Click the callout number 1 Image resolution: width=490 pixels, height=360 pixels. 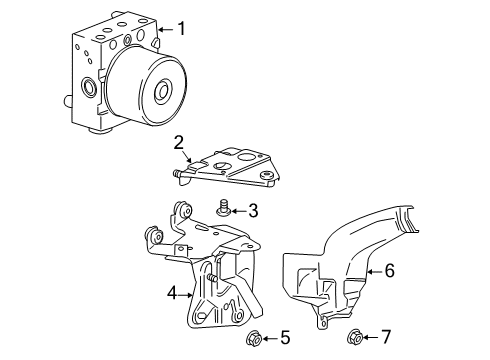[181, 29]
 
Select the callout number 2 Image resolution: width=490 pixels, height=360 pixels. [179, 143]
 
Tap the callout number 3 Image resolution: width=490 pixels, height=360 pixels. [253, 211]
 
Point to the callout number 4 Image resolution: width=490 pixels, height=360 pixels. [172, 294]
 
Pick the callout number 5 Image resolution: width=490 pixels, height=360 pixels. [285, 338]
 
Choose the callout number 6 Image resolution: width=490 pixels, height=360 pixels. [389, 270]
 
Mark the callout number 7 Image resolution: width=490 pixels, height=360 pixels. [385, 337]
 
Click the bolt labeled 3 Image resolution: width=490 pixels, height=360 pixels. [222, 207]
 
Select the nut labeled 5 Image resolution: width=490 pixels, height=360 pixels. [253, 339]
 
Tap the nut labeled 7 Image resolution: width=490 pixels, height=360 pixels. [355, 337]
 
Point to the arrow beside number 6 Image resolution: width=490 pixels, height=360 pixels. [374, 272]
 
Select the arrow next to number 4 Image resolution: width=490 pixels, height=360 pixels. [186, 295]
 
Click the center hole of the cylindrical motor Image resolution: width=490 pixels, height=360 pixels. [163, 90]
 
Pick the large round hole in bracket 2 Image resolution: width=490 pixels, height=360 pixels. [247, 157]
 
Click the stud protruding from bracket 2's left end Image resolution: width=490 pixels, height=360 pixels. [177, 173]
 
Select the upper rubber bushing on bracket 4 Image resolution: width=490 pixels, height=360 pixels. [184, 209]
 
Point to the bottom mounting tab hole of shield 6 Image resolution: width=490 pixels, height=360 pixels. [322, 324]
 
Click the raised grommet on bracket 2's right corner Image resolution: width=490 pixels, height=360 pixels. [266, 175]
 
